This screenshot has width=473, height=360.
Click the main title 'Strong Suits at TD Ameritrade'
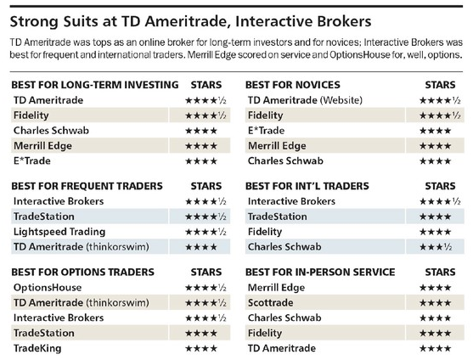pos(191,22)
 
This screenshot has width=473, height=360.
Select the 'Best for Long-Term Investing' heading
pos(95,85)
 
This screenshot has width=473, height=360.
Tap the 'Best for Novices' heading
pos(293,85)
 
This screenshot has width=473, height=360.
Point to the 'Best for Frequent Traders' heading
pos(87,186)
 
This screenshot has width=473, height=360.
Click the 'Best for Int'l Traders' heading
pos(307,186)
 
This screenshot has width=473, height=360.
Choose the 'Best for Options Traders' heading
pos(82,272)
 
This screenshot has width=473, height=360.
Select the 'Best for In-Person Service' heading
pos(320,272)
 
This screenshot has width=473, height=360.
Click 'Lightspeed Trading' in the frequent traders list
pos(59,232)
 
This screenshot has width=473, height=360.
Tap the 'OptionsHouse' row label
pos(48,288)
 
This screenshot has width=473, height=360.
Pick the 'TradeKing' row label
pos(37,349)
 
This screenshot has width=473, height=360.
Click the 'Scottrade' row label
pos(271,303)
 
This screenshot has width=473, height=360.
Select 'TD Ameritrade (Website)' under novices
pos(305,100)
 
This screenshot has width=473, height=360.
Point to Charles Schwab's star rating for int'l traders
pos(436,247)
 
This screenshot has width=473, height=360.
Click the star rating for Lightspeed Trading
pos(206,232)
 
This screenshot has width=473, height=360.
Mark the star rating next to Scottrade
pos(435,303)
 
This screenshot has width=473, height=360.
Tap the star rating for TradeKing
pos(201,349)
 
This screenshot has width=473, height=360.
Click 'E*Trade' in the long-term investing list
pos(32,161)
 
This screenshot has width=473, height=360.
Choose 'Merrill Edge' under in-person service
pos(276,288)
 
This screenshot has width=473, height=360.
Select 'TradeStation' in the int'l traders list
pos(277,217)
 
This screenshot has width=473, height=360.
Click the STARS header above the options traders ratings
pos(206,272)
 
